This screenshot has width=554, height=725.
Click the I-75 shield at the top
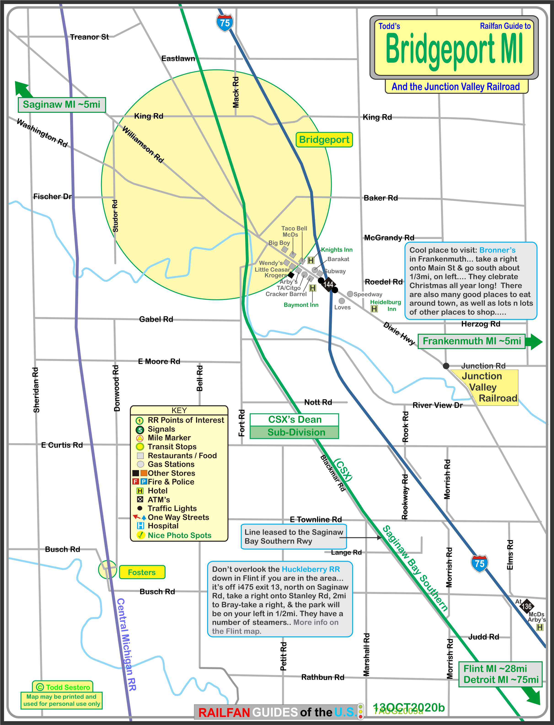point(225,23)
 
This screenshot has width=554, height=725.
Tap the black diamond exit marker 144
point(328,284)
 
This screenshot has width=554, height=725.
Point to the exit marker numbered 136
point(526,606)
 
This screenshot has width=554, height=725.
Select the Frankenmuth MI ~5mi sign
point(471,341)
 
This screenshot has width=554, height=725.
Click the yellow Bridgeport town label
point(324,140)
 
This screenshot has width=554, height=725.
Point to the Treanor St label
point(89,37)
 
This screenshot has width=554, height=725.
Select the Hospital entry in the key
point(163,526)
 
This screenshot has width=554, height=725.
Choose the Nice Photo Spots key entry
point(179,535)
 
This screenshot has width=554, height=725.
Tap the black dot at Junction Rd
point(446,366)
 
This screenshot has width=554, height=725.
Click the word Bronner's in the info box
point(497,250)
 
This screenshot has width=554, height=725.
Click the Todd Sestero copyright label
point(63,687)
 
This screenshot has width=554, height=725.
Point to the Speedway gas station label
point(368,294)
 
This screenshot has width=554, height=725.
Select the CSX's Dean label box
point(294,420)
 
